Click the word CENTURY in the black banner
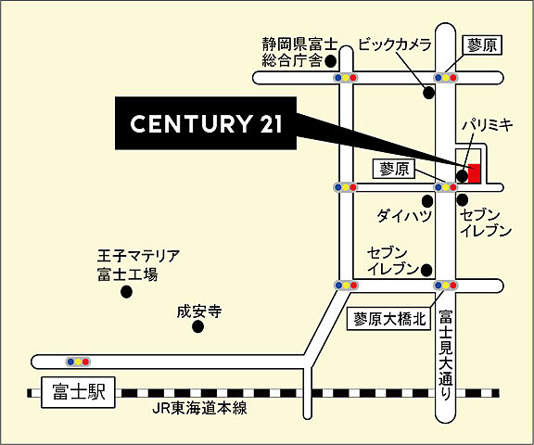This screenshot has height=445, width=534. pos(185,123)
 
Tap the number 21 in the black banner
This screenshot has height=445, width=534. pos(267,123)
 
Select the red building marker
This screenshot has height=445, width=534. pos(474,172)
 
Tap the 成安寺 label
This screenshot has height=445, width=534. pos(200,311)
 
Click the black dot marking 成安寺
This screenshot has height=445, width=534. pos(197,327)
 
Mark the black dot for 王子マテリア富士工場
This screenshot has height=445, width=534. pos(127,292)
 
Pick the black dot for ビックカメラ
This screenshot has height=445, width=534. pos(428,93)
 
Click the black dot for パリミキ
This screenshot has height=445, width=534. pos(462,174)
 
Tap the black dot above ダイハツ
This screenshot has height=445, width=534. pos(426,199)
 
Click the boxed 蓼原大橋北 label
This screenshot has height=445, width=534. pos(389,319)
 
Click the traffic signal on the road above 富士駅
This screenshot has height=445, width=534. pos(78,361)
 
